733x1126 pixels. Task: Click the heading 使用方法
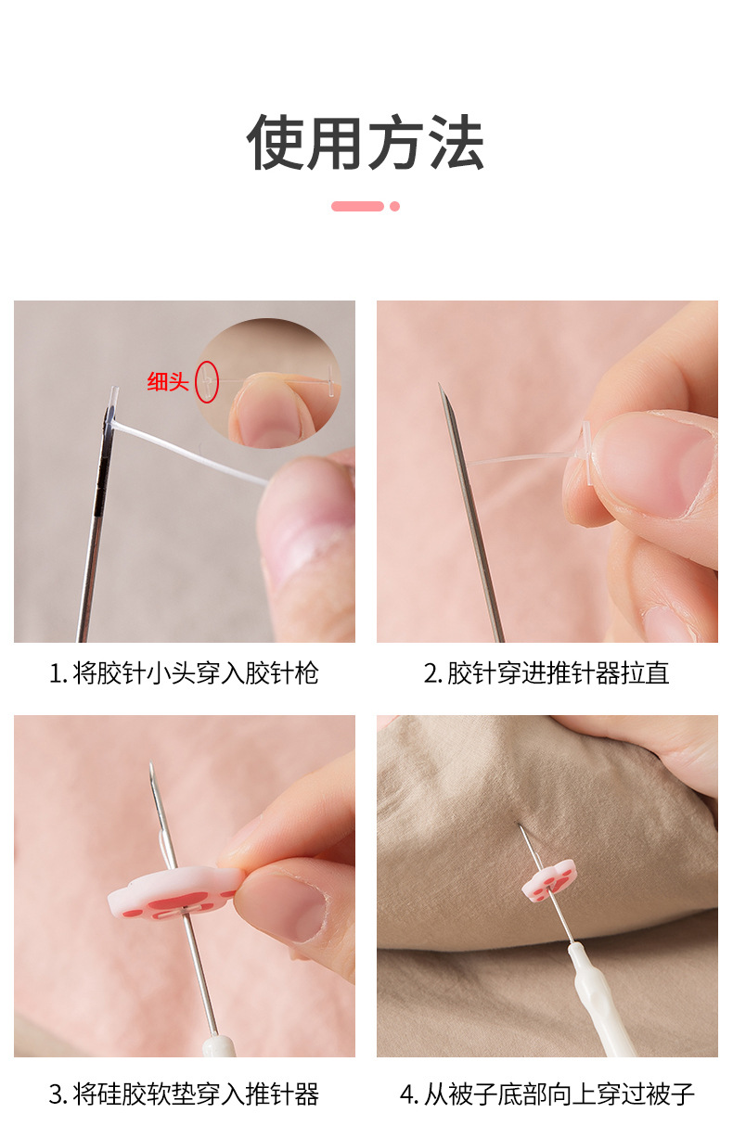point(366,145)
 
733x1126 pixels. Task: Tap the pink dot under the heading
point(394,206)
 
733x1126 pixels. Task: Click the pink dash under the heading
point(357,206)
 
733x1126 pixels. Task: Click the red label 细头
point(168,381)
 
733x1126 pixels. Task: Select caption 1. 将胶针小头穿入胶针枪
point(184,673)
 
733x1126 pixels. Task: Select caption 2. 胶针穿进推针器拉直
point(547,673)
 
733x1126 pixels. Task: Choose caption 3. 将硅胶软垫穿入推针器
point(184,1094)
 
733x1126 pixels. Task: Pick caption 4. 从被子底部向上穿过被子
point(547,1094)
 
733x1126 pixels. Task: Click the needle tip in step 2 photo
point(441,387)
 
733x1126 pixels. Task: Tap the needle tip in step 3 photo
point(151,767)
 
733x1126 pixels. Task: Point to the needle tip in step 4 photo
point(521,826)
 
